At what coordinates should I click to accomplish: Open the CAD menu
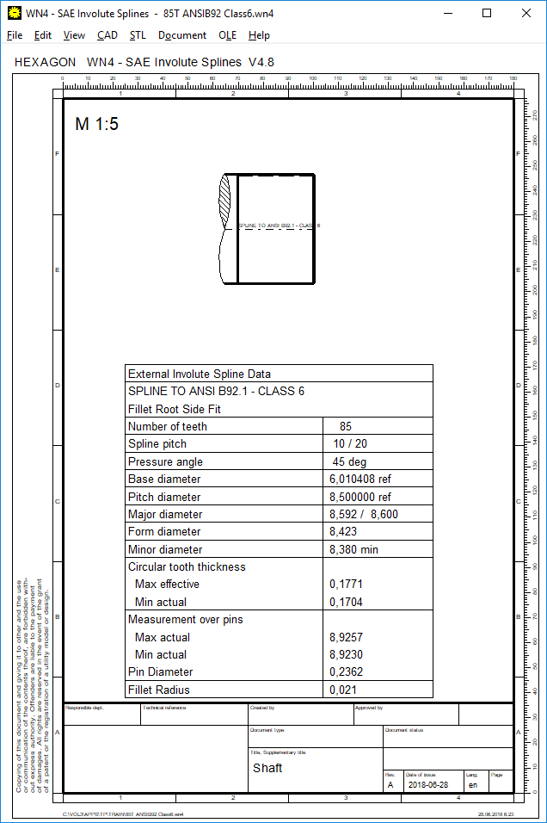[108, 35]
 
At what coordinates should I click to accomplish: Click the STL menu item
[138, 35]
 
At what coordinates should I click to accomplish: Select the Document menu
[182, 35]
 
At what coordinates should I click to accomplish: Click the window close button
[526, 13]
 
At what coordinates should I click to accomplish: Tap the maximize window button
[487, 13]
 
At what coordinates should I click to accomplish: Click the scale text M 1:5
[97, 124]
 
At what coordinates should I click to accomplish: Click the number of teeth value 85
[346, 426]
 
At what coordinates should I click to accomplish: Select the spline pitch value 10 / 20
[350, 444]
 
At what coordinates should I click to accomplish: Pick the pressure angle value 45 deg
[351, 462]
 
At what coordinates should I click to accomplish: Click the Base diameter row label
[164, 480]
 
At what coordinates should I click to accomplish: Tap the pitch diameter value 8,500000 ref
[360, 498]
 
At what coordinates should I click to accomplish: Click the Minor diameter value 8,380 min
[353, 550]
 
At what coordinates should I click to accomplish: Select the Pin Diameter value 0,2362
[347, 672]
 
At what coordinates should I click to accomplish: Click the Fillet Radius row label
[159, 690]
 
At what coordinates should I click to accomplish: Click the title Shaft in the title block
[267, 768]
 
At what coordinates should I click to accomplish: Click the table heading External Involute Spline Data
[199, 374]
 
